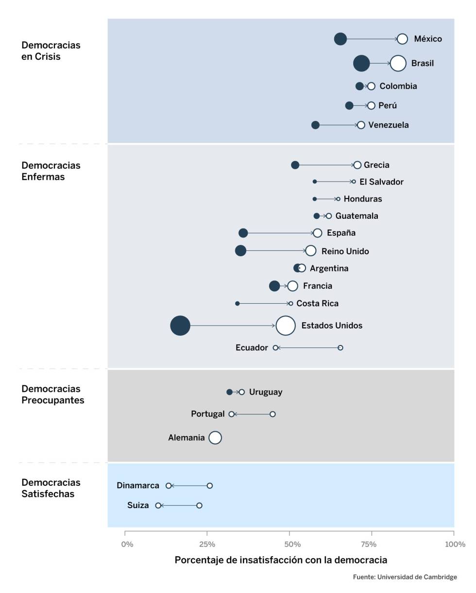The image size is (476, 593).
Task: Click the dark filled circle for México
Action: coord(340,39)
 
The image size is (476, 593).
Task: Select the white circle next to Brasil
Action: coord(398,63)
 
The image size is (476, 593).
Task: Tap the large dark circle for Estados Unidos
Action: coord(180,326)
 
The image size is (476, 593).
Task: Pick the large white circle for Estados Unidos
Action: coord(285,326)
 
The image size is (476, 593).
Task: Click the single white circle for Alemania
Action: coord(215,438)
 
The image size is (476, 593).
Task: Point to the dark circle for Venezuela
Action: coord(315,125)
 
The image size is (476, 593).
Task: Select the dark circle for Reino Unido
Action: coord(240,251)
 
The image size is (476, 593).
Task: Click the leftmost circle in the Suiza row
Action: coord(158,506)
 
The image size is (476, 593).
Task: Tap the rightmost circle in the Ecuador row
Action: coord(340,348)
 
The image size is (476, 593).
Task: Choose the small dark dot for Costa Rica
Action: coord(237,304)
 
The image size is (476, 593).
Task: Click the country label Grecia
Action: coord(376,165)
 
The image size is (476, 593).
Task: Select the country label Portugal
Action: coord(207,414)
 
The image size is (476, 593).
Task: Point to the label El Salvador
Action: coord(381,182)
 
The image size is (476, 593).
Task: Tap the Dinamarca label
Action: coord(138,485)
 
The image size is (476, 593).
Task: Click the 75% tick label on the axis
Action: coord(370,544)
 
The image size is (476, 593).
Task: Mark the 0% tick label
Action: coord(127,544)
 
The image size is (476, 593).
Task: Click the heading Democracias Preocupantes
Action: coord(52,395)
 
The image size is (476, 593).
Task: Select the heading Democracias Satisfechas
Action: coord(51,488)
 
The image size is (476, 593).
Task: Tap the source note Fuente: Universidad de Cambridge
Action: coord(405,577)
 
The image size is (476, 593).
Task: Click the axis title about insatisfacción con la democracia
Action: coord(281,560)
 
